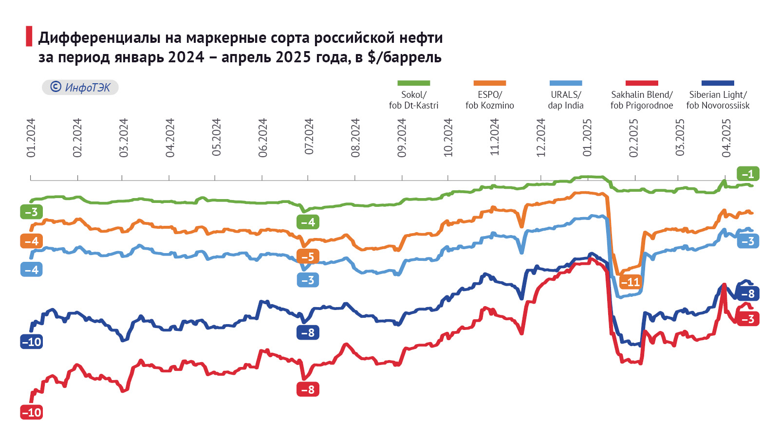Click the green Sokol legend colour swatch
click(x=413, y=83)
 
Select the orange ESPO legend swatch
click(x=489, y=83)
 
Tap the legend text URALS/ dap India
click(x=566, y=100)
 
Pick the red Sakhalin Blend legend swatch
click(x=642, y=83)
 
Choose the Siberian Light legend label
click(x=718, y=100)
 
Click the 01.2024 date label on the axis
click(x=31, y=138)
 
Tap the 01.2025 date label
click(x=587, y=138)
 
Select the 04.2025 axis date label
click(x=726, y=138)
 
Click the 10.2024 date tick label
click(x=448, y=138)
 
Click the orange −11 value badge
click(x=631, y=282)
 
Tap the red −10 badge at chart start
click(x=32, y=413)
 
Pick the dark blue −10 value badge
click(x=32, y=342)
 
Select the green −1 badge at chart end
click(x=748, y=174)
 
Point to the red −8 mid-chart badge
click(x=308, y=390)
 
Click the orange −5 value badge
click(x=308, y=256)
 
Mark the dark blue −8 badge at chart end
click(x=748, y=294)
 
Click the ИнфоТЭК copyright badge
click(x=80, y=88)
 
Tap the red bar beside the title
click(x=29, y=36)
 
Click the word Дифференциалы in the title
click(x=99, y=37)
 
